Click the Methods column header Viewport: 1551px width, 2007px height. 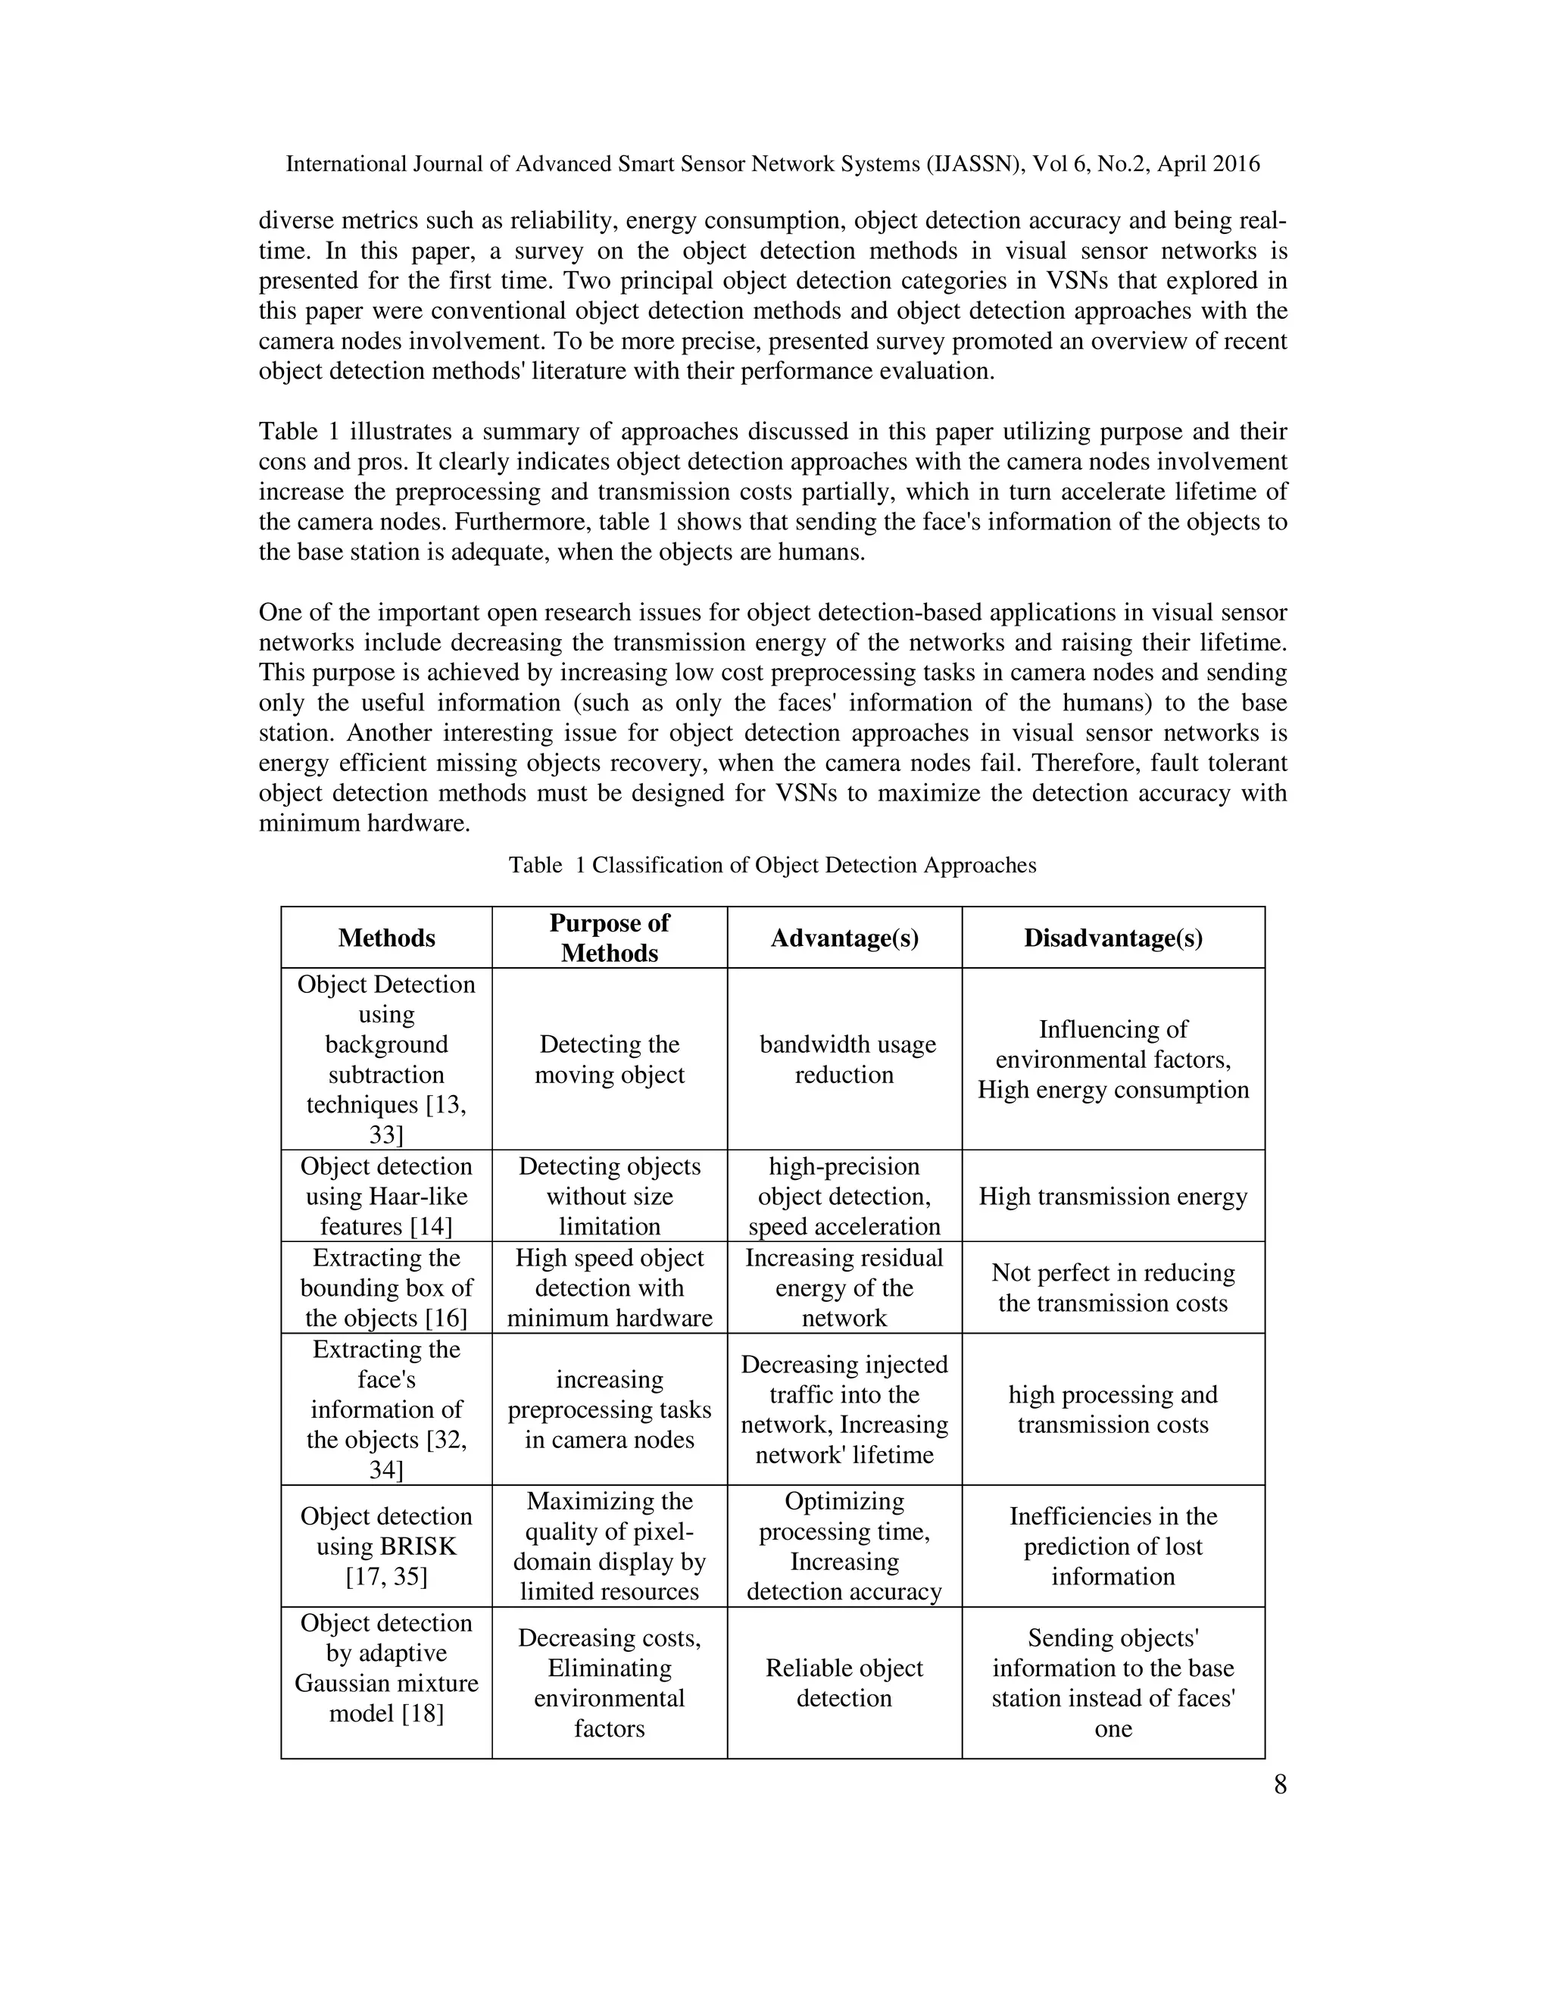386,938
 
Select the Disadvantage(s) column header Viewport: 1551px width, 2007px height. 1113,938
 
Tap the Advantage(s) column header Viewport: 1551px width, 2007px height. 844,938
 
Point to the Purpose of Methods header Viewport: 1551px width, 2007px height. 609,938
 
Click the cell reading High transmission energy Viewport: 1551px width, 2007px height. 1113,1196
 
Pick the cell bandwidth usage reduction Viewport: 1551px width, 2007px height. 844,1059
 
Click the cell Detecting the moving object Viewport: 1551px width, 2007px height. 609,1059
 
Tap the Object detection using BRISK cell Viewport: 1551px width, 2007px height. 386,1546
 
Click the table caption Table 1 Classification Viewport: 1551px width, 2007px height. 772,865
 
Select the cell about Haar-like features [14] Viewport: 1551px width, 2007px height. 386,1196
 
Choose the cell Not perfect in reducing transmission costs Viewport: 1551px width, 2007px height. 1113,1288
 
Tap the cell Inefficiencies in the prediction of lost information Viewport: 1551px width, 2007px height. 1113,1546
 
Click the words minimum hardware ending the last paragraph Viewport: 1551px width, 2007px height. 364,823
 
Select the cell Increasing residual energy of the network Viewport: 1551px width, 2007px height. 844,1288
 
